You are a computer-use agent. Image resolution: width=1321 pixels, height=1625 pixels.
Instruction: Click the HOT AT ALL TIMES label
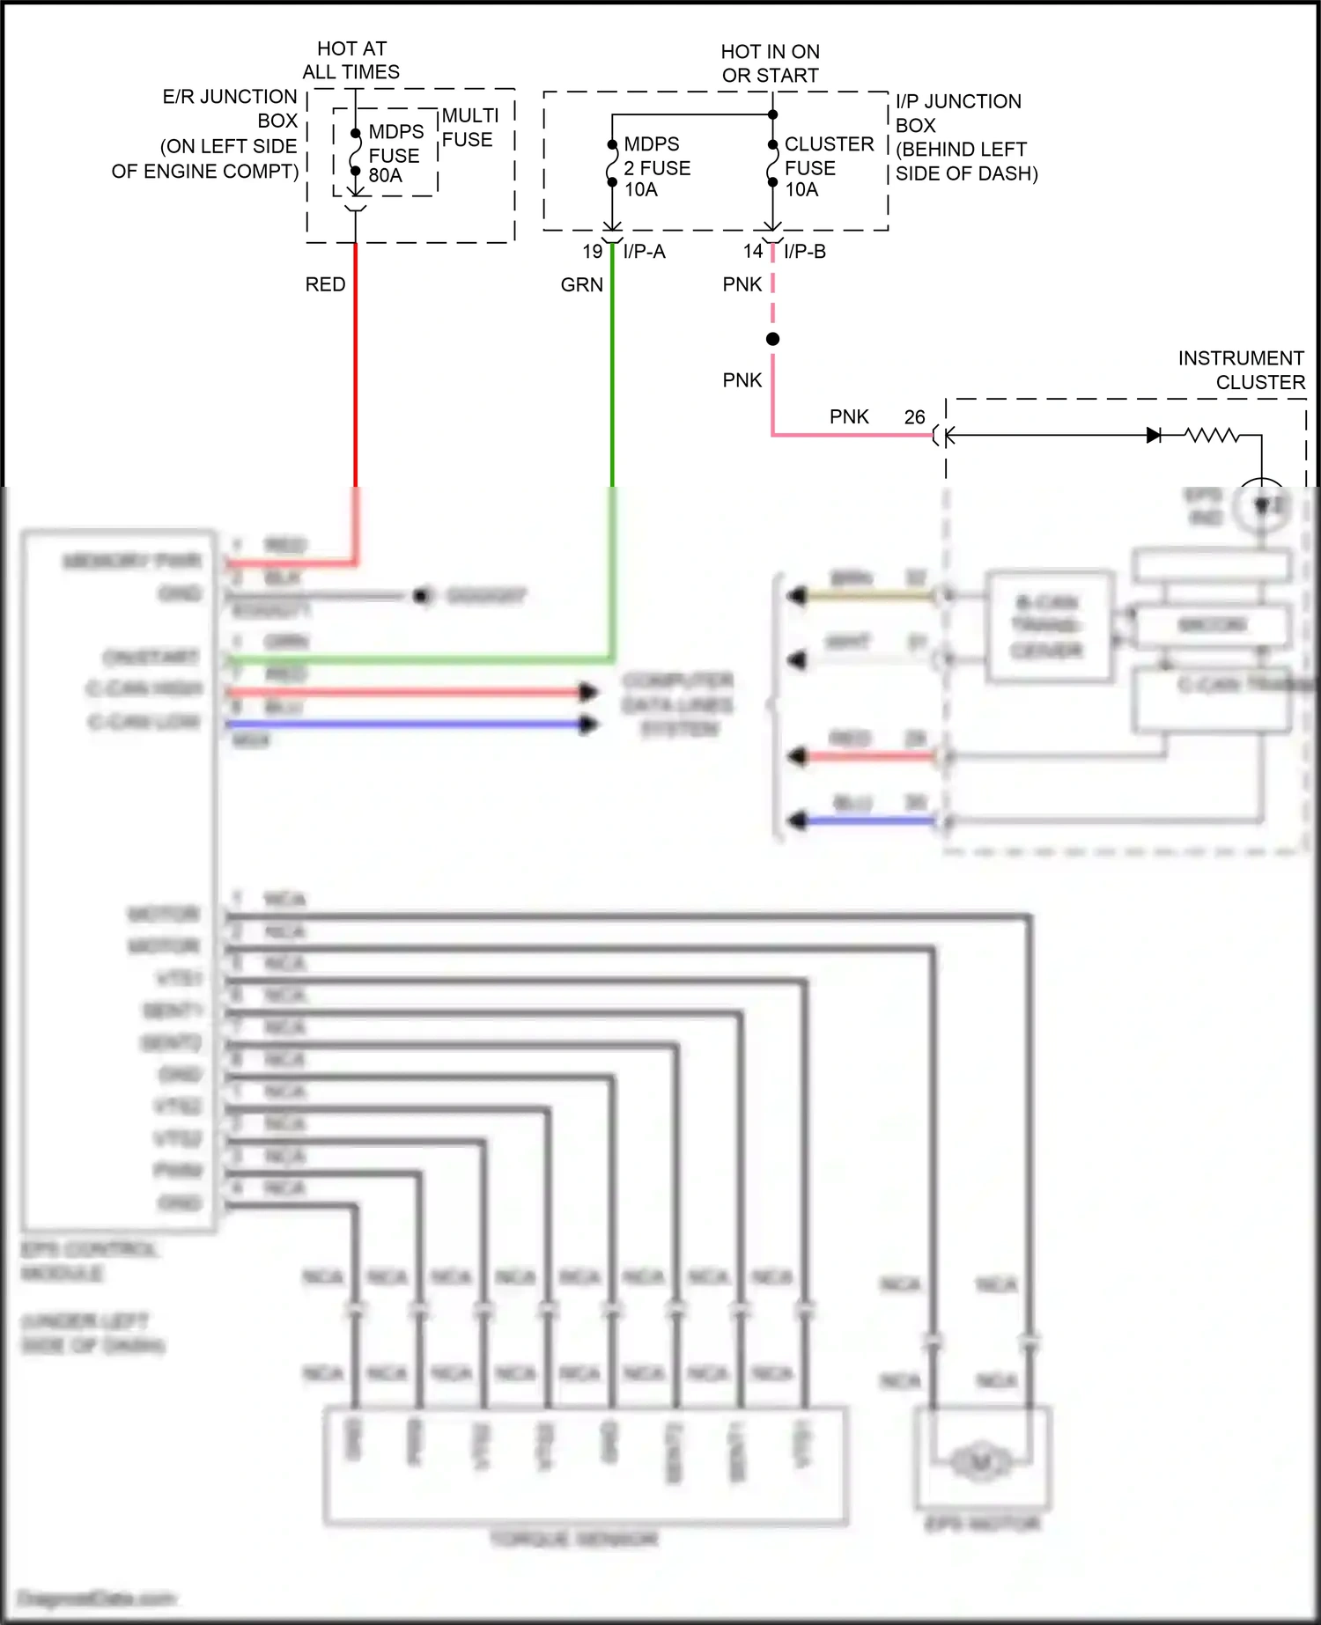click(351, 60)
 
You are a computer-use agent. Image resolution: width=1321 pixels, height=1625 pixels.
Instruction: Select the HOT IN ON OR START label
click(770, 63)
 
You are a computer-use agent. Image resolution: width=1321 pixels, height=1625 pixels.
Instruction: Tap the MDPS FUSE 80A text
click(395, 154)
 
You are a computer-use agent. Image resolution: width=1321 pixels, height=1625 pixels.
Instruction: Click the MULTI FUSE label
click(469, 128)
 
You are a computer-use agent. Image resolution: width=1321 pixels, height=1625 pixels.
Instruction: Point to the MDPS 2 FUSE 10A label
click(656, 166)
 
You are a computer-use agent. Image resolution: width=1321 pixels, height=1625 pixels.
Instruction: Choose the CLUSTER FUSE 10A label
click(828, 166)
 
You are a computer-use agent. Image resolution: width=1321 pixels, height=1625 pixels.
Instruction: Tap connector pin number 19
click(592, 252)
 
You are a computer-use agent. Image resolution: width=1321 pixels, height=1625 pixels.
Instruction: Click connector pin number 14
click(752, 252)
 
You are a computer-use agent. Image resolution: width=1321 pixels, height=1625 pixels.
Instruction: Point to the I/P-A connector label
click(644, 252)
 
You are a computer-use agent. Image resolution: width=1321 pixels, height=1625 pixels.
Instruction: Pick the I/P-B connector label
click(804, 252)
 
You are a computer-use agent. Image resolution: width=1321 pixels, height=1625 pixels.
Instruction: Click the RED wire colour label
click(325, 284)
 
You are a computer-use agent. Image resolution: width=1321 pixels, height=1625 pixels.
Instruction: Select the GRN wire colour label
click(581, 284)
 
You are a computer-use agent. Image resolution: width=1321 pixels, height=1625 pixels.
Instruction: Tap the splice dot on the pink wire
click(772, 339)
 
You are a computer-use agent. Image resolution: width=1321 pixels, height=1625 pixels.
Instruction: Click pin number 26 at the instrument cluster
click(914, 417)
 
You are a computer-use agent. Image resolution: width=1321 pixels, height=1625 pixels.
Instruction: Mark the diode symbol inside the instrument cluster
click(1153, 435)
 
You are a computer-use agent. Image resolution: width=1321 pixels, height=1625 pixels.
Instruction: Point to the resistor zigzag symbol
click(1211, 435)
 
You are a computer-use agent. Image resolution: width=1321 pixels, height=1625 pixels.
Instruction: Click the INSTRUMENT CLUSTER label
click(1242, 370)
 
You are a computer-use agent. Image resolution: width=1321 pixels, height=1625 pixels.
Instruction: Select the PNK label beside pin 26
click(849, 417)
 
